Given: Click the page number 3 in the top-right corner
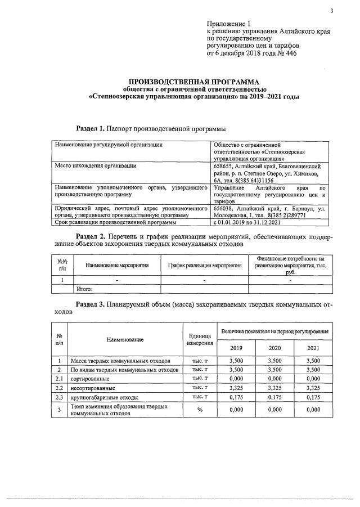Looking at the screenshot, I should pyautogui.click(x=332, y=10).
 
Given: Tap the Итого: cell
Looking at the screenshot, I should pyautogui.click(x=84, y=289).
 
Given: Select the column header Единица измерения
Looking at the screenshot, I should pyautogui.click(x=199, y=339).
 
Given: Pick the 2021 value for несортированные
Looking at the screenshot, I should pyautogui.click(x=313, y=388).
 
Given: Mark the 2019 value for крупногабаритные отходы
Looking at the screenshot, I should pyautogui.click(x=236, y=397).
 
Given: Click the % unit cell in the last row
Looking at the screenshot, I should pyautogui.click(x=199, y=410).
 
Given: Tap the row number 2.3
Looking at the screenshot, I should pyautogui.click(x=59, y=397).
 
